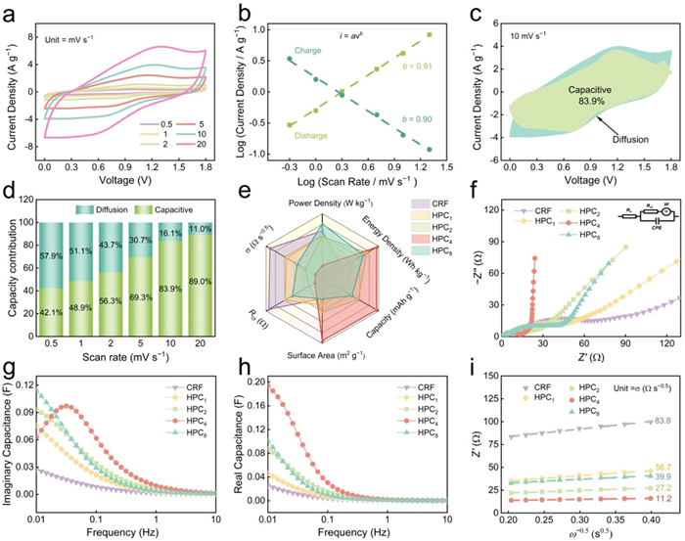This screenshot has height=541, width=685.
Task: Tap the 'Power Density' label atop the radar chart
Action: (x=331, y=203)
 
